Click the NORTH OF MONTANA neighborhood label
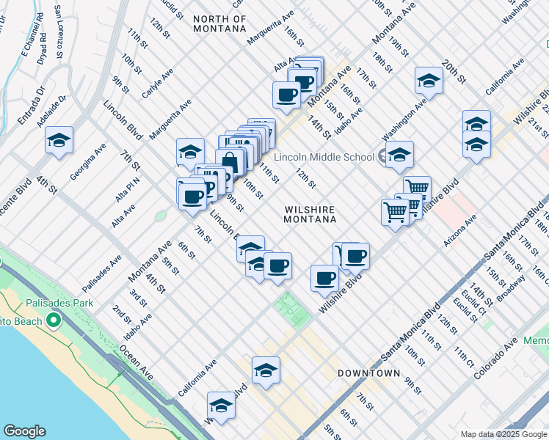coord(219,23)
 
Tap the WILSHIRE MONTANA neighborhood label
coord(310,214)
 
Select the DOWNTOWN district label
coord(368,373)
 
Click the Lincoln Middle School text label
coord(324,157)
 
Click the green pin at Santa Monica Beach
coord(53,320)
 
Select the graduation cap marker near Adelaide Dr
coord(59,139)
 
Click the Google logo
coord(24,431)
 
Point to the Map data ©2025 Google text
coord(503,434)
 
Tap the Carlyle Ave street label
coord(158,85)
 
